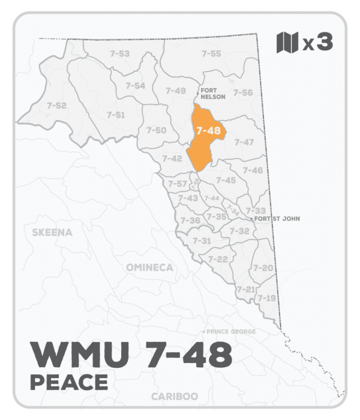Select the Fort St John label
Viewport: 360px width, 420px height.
click(x=277, y=219)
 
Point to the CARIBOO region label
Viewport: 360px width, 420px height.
click(x=175, y=397)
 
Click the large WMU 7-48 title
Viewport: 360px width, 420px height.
click(x=130, y=355)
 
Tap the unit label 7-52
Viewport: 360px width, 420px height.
click(x=56, y=106)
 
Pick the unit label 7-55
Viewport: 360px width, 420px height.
click(x=211, y=54)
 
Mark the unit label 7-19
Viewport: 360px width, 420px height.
click(x=266, y=298)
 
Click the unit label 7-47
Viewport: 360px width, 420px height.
click(x=244, y=142)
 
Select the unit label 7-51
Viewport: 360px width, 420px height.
click(x=116, y=115)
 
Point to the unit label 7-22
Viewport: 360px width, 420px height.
click(x=218, y=259)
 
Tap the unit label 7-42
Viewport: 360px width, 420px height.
click(x=172, y=158)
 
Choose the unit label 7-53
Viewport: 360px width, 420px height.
click(x=120, y=54)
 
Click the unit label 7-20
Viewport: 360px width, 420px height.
click(x=263, y=268)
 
